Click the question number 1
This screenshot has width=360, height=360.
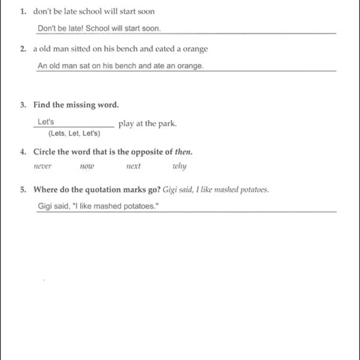coord(23,11)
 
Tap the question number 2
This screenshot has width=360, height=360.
coord(23,48)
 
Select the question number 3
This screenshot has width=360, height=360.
coord(23,105)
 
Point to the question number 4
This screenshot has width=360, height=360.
coord(23,151)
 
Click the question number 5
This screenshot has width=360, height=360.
coord(23,189)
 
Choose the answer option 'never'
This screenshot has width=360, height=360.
coord(42,166)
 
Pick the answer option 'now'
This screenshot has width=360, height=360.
coord(86,166)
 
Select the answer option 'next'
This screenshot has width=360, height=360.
coord(133,166)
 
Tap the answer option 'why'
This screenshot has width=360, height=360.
coord(179,166)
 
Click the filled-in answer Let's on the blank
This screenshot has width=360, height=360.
coord(46,122)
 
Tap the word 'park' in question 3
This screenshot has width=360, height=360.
coord(166,123)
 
